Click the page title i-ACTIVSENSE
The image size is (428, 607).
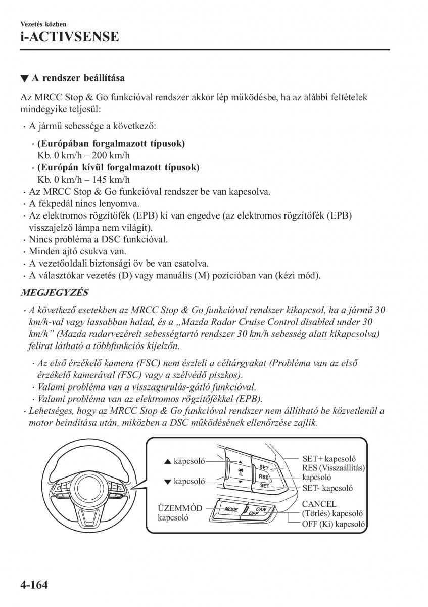pyautogui.click(x=70, y=37)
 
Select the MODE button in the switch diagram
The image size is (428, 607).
pyautogui.click(x=231, y=509)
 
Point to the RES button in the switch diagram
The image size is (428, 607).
pyautogui.click(x=263, y=476)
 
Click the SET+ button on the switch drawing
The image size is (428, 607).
pyautogui.click(x=264, y=467)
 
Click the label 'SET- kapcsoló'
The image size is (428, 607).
pyautogui.click(x=327, y=488)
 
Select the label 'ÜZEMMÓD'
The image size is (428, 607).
pyautogui.click(x=180, y=508)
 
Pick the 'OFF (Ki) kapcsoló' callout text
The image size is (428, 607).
pyautogui.click(x=334, y=524)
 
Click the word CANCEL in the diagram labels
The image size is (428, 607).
pyautogui.click(x=319, y=504)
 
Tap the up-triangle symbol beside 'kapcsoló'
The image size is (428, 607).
pyautogui.click(x=168, y=461)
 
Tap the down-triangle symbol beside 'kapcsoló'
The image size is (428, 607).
pyautogui.click(x=168, y=482)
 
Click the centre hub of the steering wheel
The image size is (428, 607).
pyautogui.click(x=92, y=486)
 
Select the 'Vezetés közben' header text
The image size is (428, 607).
pyautogui.click(x=43, y=24)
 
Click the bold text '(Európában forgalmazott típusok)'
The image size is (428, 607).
pyautogui.click(x=111, y=144)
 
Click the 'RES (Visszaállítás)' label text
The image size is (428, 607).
pyautogui.click(x=334, y=468)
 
